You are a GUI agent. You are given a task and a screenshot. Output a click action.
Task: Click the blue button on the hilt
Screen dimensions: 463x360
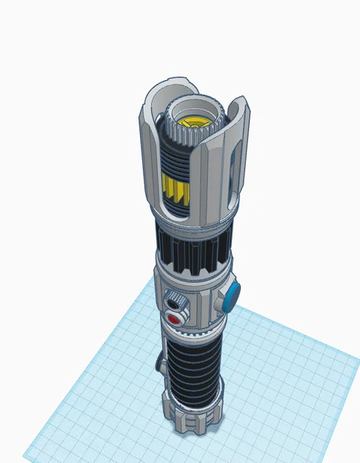pos(233,296)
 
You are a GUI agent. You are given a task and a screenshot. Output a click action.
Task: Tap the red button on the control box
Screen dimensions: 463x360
pos(176,319)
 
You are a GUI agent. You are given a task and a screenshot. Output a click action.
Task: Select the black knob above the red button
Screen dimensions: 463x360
pos(175,302)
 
